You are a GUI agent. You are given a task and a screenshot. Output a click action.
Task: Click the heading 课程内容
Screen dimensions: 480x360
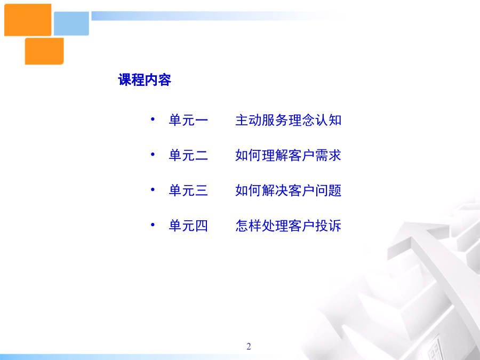(145, 80)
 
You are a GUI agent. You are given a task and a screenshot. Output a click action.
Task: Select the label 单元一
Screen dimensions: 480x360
(188, 120)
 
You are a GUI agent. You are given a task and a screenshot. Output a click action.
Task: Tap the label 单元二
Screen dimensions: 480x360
(188, 155)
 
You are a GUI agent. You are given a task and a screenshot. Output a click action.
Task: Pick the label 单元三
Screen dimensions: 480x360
(188, 190)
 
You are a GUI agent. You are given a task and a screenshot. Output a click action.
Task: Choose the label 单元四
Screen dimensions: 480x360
(188, 226)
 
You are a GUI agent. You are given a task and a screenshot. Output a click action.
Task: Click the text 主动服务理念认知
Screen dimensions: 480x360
(289, 120)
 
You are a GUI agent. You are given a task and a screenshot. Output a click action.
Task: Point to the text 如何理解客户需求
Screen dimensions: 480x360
(289, 155)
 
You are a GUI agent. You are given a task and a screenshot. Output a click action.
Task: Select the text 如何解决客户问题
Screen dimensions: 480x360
(289, 190)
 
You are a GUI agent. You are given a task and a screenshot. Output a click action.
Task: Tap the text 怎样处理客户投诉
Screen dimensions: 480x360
(289, 226)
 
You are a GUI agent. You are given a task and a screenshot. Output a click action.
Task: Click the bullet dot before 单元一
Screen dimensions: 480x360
(153, 119)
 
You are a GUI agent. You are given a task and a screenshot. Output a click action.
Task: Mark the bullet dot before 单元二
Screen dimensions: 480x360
(153, 154)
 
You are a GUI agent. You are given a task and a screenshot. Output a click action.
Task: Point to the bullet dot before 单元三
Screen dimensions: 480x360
(153, 189)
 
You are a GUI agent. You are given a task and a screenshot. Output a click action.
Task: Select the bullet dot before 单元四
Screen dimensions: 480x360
(153, 225)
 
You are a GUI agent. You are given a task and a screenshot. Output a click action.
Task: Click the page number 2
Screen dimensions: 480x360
(249, 346)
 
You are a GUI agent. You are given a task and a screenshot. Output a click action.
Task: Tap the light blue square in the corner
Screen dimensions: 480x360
(71, 23)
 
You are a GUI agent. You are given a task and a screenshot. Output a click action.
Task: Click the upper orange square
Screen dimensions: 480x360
(28, 20)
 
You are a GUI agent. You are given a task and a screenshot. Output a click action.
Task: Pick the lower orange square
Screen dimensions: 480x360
(44, 51)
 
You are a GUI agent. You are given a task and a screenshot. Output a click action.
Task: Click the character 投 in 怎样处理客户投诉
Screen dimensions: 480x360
(322, 226)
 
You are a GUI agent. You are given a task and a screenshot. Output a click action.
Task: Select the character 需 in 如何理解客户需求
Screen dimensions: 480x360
(322, 155)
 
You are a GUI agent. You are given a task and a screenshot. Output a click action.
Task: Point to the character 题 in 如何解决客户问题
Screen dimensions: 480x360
(335, 190)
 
